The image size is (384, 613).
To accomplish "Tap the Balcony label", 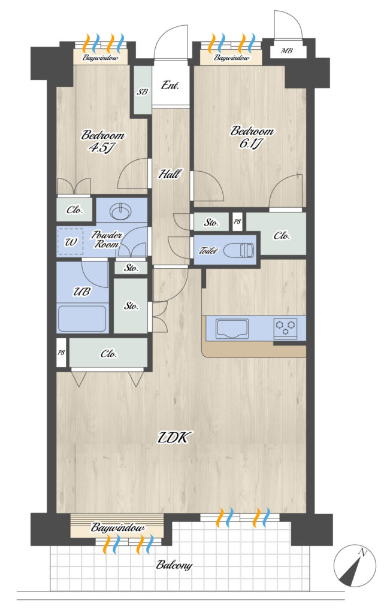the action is click(x=174, y=565).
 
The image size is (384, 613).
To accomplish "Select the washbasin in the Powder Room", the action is click(x=122, y=211).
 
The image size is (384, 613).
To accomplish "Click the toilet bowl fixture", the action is click(x=240, y=250).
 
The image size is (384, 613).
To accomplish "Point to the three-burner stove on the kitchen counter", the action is click(x=286, y=326).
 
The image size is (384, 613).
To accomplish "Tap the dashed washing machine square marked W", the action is click(x=70, y=242).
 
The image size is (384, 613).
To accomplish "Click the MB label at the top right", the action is click(x=287, y=51).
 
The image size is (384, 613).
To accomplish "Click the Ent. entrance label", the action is click(x=170, y=85).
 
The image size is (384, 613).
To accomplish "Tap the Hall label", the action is click(x=170, y=174).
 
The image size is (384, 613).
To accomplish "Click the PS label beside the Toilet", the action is click(x=237, y=221).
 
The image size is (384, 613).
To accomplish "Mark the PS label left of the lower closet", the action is click(x=61, y=353).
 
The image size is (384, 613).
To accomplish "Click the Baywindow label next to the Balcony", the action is click(x=117, y=528).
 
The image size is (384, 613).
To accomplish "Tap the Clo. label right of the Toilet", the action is click(x=282, y=235).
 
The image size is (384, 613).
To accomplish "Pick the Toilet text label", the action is click(x=208, y=251).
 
